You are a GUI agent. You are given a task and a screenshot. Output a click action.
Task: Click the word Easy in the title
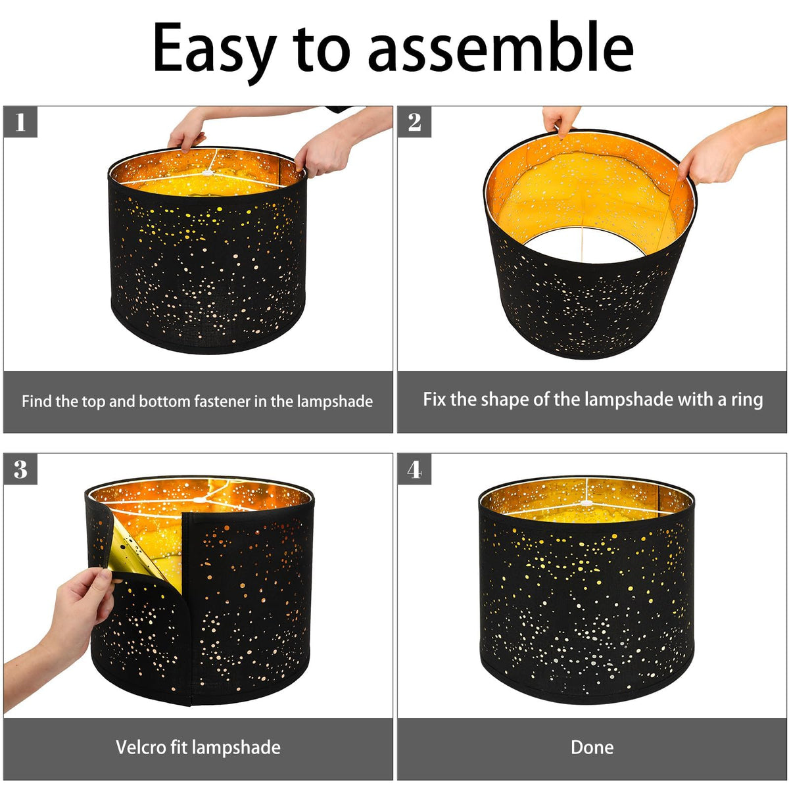click(214, 51)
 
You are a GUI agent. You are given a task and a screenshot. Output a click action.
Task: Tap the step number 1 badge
click(20, 122)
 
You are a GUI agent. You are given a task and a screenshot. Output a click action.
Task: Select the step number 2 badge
click(414, 122)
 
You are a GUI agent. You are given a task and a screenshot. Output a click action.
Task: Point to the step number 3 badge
click(20, 469)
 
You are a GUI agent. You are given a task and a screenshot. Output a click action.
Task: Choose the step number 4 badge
click(414, 469)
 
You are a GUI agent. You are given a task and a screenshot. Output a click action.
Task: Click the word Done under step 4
click(592, 747)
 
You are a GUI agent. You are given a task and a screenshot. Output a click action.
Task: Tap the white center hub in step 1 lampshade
click(208, 173)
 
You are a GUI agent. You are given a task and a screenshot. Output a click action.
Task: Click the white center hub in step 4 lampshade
click(586, 503)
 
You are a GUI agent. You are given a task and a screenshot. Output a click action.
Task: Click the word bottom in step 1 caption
click(166, 401)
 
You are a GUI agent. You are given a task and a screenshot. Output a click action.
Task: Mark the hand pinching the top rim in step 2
click(561, 121)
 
